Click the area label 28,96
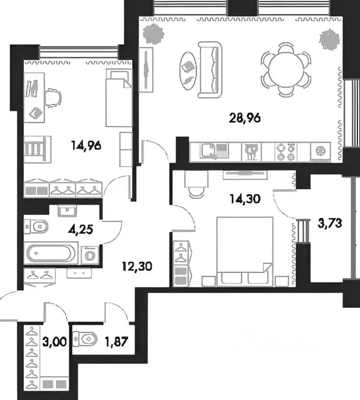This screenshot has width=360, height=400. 245,117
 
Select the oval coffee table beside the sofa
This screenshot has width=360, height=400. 188,71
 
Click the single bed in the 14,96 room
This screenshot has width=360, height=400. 118,98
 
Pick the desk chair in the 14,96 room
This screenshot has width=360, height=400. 53,97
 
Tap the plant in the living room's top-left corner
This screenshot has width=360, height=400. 154,33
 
